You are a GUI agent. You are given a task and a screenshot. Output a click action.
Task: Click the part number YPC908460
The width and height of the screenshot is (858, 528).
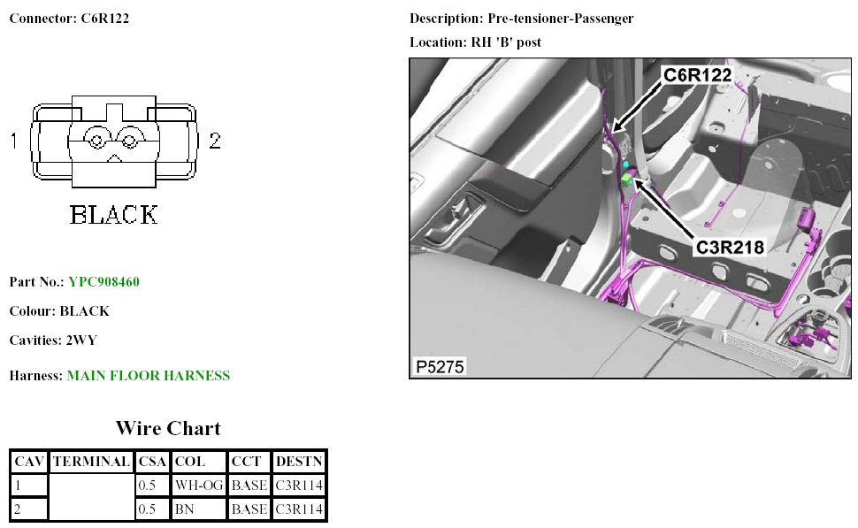pyautogui.click(x=104, y=282)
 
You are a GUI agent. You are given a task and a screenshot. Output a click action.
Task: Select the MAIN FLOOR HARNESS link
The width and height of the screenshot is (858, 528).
pyautogui.click(x=149, y=375)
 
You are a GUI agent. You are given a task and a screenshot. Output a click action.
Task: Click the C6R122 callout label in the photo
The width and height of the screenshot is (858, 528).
pyautogui.click(x=697, y=75)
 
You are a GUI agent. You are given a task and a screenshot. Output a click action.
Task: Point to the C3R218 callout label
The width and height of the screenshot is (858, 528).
pyautogui.click(x=730, y=248)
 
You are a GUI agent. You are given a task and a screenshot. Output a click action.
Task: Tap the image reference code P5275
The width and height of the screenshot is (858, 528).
pyautogui.click(x=440, y=366)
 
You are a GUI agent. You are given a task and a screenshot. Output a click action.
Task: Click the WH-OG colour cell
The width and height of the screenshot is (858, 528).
pyautogui.click(x=199, y=486)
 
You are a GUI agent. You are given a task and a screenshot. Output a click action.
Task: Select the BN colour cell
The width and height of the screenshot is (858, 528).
pyautogui.click(x=184, y=509)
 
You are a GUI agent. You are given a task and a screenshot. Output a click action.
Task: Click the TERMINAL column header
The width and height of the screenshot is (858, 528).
pyautogui.click(x=91, y=462)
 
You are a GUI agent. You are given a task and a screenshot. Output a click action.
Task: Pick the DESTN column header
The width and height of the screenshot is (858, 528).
pyautogui.click(x=299, y=462)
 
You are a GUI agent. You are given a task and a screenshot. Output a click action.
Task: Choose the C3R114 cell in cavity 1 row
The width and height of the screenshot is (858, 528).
pyautogui.click(x=299, y=486)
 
